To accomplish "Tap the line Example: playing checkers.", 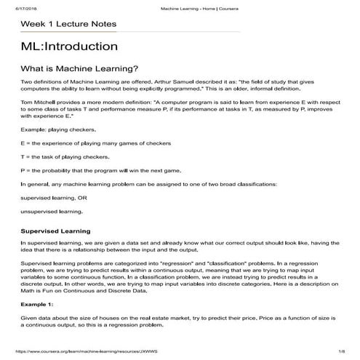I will point(59,129).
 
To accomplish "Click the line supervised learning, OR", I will point(54,197).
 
